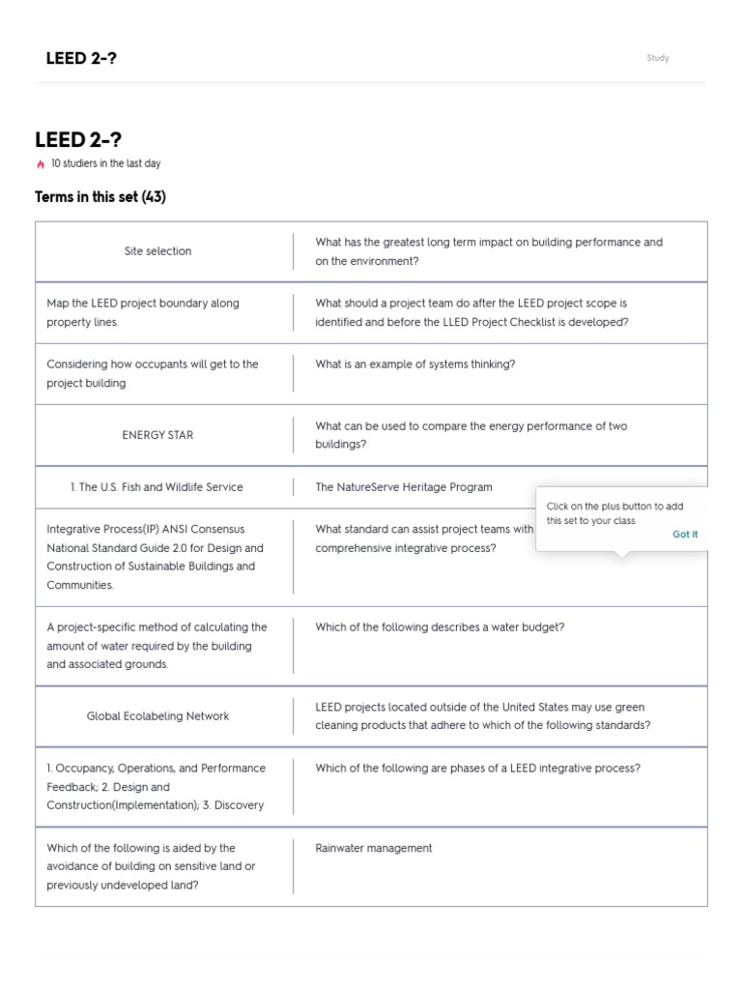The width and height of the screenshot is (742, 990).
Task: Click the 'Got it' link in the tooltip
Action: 685,534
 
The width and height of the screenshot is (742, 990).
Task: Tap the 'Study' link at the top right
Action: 658,58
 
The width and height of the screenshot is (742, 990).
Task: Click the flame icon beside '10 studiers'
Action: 41,164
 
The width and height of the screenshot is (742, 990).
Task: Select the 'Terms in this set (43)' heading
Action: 100,197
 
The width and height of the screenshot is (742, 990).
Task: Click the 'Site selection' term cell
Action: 157,251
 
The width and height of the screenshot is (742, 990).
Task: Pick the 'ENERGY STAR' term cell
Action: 157,435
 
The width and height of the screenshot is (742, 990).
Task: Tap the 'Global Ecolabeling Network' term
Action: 157,716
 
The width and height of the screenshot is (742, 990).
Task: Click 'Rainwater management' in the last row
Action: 373,848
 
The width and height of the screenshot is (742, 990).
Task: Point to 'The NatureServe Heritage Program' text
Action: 403,487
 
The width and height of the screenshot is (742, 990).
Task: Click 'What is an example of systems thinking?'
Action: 414,364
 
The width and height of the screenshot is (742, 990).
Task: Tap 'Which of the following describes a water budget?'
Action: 440,627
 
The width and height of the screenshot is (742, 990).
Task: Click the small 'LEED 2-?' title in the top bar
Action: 81,58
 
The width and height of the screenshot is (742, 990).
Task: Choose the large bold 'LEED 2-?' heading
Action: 78,141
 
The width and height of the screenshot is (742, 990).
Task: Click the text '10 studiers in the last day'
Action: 106,164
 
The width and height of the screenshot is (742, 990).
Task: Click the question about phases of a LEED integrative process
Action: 477,769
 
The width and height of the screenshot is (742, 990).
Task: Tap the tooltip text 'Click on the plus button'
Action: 614,506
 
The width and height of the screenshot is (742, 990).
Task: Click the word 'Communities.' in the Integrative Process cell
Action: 80,585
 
